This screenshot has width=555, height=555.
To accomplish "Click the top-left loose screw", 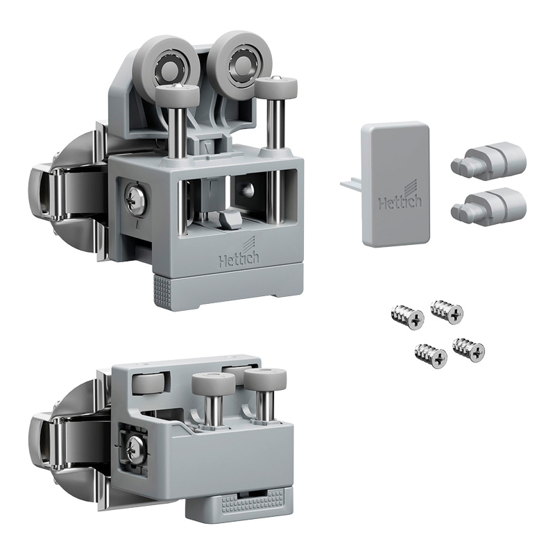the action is point(407,318).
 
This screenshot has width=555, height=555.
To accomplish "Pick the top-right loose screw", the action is point(446,311).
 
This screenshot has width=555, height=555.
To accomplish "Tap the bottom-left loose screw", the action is point(431,355).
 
